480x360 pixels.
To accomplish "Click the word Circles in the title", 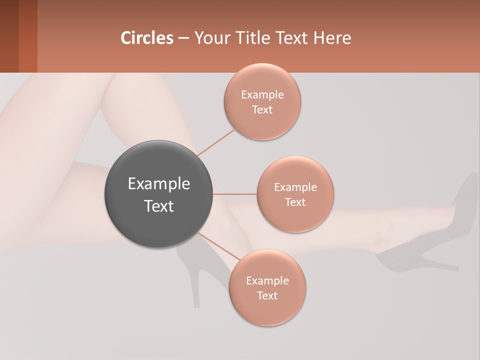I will pyautogui.click(x=146, y=38).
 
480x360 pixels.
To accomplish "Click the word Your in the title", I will pyautogui.click(x=212, y=38).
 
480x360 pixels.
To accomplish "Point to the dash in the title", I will pyautogui.click(x=183, y=38).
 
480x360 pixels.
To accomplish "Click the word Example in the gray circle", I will pyautogui.click(x=159, y=184).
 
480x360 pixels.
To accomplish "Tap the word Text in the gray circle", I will pyautogui.click(x=159, y=206).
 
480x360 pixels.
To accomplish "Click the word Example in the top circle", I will pyautogui.click(x=262, y=94).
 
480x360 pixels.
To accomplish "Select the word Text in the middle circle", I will pyautogui.click(x=295, y=202).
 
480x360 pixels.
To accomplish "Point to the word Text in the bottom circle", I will pyautogui.click(x=267, y=295).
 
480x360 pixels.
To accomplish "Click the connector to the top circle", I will pyautogui.click(x=216, y=142).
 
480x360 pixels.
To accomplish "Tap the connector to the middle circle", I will pyautogui.click(x=234, y=193).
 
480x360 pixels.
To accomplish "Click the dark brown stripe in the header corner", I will pyautogui.click(x=9, y=36).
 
